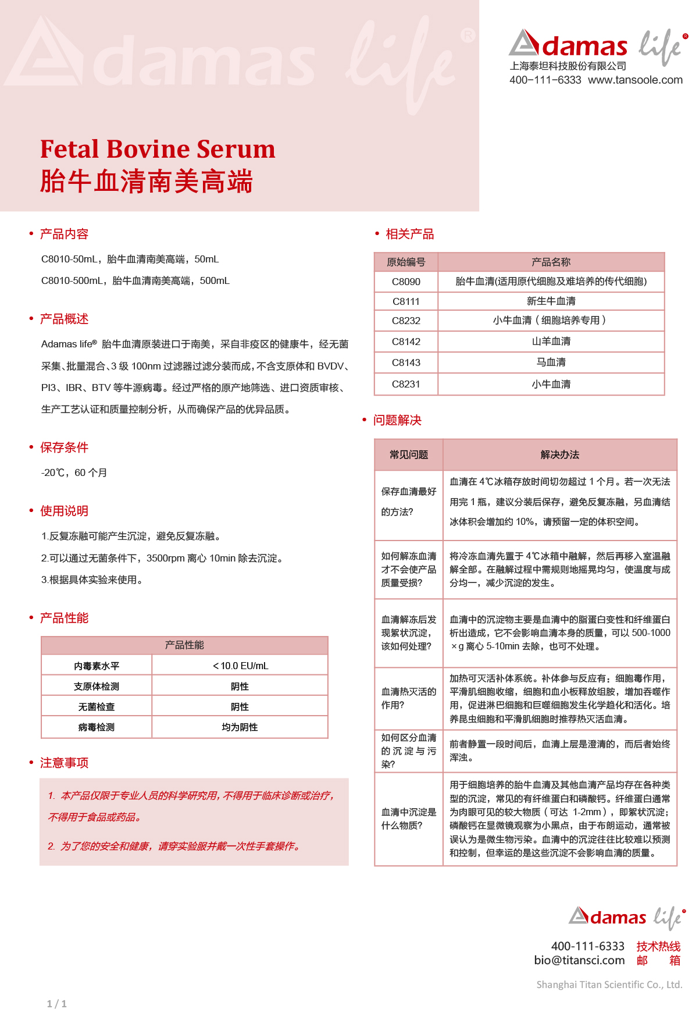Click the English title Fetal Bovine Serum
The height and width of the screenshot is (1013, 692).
pos(158,149)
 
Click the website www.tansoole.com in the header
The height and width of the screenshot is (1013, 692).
pos(635,80)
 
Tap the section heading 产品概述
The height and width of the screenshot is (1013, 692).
pos(64,319)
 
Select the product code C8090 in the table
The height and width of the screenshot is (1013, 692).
pos(406,282)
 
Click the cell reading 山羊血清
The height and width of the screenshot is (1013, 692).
pos(551,342)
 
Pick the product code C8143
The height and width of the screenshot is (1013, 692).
pos(406,362)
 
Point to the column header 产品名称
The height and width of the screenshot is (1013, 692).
pos(551,262)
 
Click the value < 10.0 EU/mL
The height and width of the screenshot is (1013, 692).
pos(240,666)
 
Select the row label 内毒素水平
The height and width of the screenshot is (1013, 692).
pos(97,666)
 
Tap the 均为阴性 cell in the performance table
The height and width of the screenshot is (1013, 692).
pos(240,727)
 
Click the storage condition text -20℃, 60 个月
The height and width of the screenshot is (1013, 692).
pos(74,472)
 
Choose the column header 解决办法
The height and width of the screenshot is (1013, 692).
pos(559,454)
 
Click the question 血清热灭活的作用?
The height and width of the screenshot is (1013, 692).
pos(408,698)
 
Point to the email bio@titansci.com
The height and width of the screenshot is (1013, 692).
pos(579,961)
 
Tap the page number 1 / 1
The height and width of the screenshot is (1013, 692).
pos(56,1004)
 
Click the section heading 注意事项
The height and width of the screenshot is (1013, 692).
pos(64,763)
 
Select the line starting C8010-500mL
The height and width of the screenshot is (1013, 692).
pos(135,280)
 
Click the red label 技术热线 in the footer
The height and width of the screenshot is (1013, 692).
pos(658,947)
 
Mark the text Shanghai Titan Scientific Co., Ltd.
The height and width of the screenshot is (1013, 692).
pos(609,984)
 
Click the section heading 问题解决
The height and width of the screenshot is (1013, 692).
pos(397,420)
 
